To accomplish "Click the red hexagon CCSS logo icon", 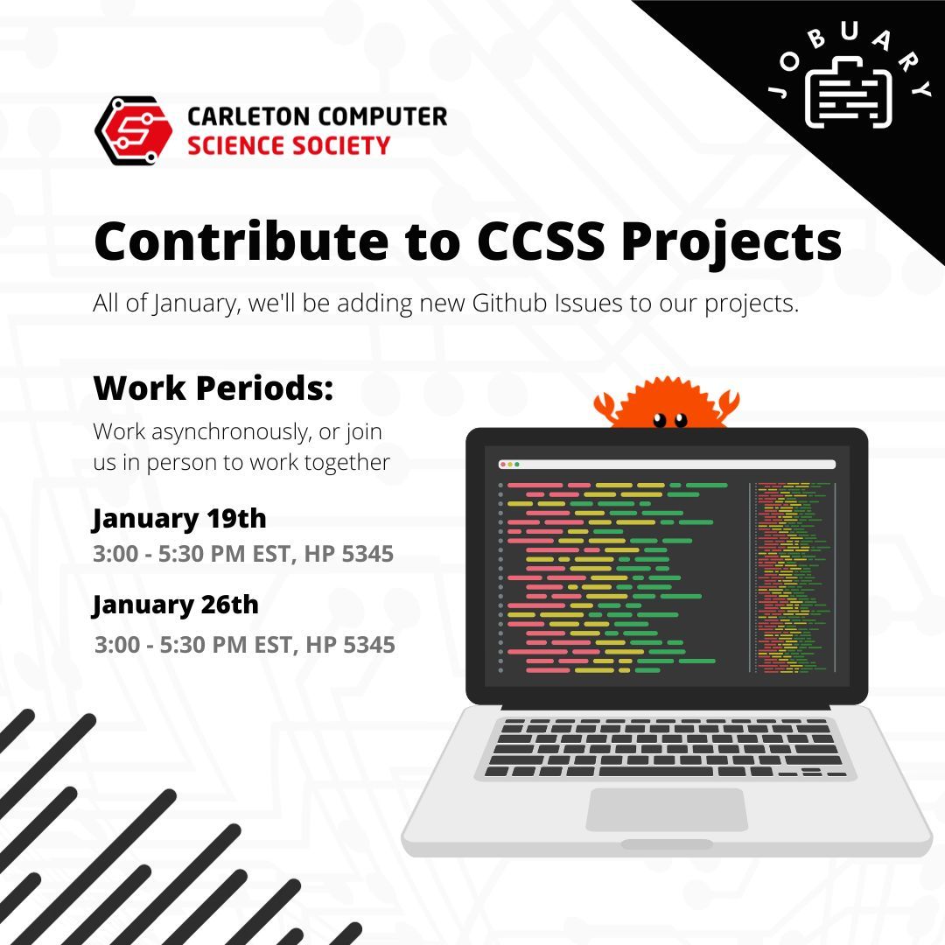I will pos(133,131).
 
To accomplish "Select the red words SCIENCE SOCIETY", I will pos(289,145).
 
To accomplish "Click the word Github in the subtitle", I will pos(519,306).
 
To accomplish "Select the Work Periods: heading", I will pos(213,388).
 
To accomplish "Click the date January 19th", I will pos(179,518).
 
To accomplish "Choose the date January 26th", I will pos(176,605).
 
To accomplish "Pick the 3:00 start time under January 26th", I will pos(116,646).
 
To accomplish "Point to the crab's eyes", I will pos(670,419).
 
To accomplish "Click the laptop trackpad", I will pos(666,809).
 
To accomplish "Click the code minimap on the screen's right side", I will pos(791,577).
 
